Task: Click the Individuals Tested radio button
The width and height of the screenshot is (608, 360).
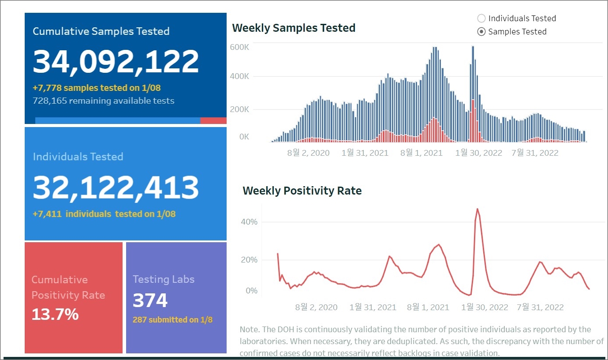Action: tap(481, 19)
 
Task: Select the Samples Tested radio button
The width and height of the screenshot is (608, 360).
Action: tap(481, 32)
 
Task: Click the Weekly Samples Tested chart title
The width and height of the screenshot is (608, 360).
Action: tap(294, 28)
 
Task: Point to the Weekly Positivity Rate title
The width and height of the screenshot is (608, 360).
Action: tap(302, 191)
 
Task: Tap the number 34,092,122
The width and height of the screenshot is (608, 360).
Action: tap(116, 61)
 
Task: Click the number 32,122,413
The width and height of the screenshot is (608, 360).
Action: tap(116, 187)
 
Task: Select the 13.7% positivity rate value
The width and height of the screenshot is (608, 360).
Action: tap(55, 314)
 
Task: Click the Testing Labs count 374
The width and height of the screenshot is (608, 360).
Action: tap(150, 300)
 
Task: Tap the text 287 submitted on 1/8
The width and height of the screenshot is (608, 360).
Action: tap(172, 319)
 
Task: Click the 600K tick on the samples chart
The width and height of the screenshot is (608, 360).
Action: tap(239, 47)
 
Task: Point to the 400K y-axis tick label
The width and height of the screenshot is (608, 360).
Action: tap(239, 76)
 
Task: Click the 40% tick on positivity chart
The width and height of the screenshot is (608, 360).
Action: tap(249, 221)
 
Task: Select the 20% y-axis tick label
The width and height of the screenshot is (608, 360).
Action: tap(249, 259)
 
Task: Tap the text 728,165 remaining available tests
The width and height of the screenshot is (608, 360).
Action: tap(104, 101)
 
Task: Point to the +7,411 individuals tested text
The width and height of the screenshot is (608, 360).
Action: tap(104, 214)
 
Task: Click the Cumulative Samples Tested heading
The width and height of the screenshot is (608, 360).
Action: tap(101, 31)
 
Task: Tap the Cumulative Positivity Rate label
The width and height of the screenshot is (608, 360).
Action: tap(68, 287)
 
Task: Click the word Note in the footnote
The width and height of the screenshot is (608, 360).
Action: tap(249, 330)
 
